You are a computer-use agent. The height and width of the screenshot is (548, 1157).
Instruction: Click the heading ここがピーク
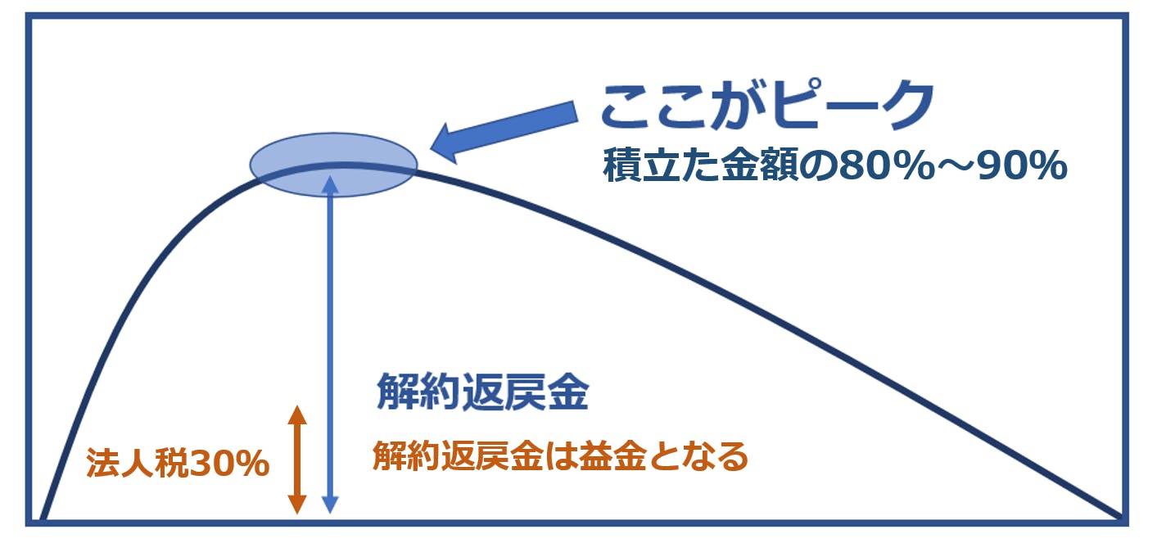[x=767, y=106]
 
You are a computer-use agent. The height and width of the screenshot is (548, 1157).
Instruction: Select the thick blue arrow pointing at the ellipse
[x=504, y=132]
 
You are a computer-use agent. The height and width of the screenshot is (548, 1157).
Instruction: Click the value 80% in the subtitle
[x=886, y=165]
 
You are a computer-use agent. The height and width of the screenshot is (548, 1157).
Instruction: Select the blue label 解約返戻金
[x=482, y=392]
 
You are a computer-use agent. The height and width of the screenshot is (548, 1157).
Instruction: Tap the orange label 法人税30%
[x=178, y=463]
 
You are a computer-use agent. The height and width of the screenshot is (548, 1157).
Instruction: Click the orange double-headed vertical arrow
[x=297, y=460]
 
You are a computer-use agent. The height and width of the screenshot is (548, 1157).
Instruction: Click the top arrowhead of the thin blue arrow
[x=330, y=184]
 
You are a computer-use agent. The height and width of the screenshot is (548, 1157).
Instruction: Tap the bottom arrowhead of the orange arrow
[x=297, y=505]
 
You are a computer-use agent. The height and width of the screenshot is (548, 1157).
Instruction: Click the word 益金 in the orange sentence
[x=612, y=456]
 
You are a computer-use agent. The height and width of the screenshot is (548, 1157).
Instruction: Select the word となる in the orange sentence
[x=698, y=456]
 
